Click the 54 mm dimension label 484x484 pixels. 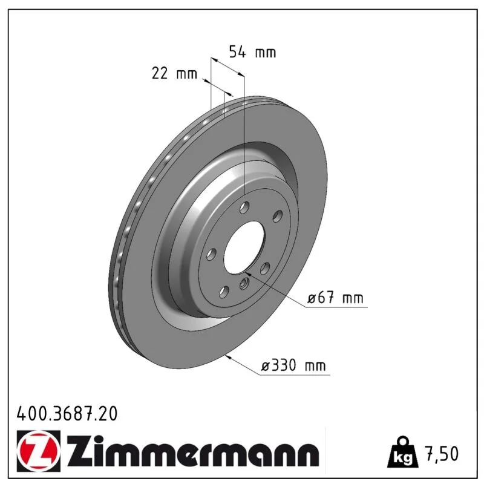pyautogui.click(x=252, y=52)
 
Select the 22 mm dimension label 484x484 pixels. pyautogui.click(x=174, y=73)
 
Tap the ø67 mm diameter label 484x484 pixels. pyautogui.click(x=335, y=298)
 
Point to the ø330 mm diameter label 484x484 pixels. pyautogui.click(x=293, y=365)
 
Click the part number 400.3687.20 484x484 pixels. pyautogui.click(x=67, y=413)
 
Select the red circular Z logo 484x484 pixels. pyautogui.click(x=37, y=451)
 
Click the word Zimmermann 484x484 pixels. pyautogui.click(x=192, y=450)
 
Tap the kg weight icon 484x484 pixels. pyautogui.click(x=403, y=452)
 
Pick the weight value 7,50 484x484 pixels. pyautogui.click(x=442, y=453)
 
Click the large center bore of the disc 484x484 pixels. pyautogui.click(x=244, y=247)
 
